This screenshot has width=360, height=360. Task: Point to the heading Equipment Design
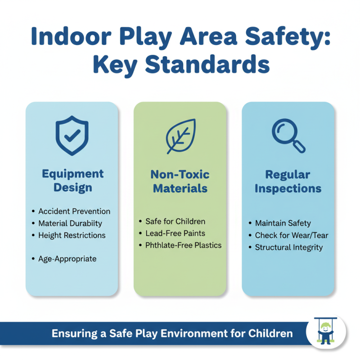[x=72, y=180]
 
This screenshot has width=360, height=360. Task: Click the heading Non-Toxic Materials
[x=180, y=181]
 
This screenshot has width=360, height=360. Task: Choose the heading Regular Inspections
[x=288, y=181]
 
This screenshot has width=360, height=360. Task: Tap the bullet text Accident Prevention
[x=74, y=211]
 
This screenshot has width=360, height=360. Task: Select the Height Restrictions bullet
[x=72, y=235]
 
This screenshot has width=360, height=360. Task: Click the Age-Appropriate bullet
[x=67, y=259]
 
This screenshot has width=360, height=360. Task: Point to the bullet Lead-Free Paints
[x=175, y=234]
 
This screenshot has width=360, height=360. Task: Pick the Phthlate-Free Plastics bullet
[x=184, y=246]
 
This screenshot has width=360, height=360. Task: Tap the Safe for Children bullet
[x=175, y=221]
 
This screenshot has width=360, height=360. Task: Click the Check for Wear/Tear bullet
[x=292, y=235]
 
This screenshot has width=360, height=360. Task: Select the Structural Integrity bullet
[x=289, y=247]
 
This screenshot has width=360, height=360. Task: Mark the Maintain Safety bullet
[x=283, y=223]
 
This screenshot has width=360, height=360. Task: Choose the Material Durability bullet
[x=70, y=223]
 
